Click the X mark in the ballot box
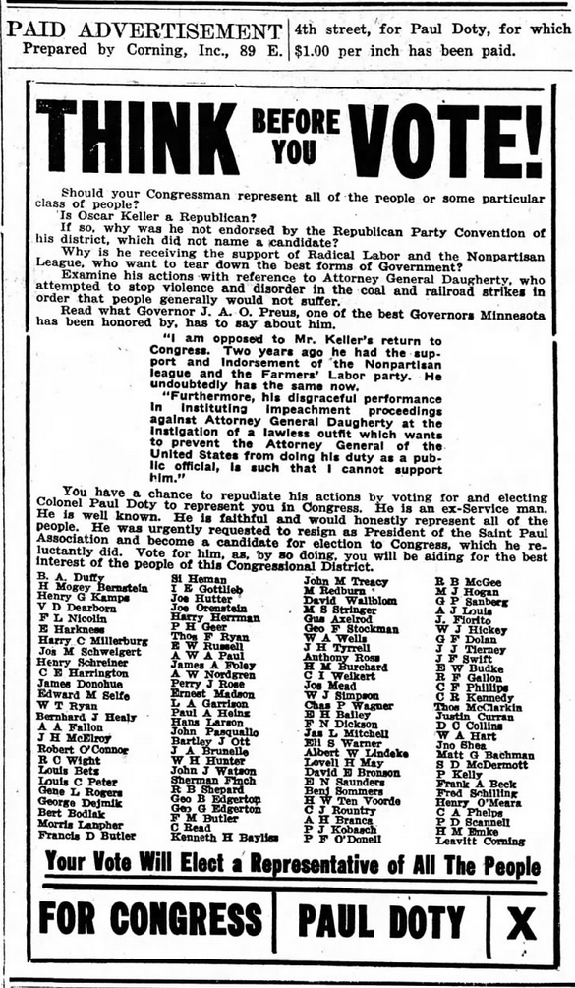pyautogui.click(x=521, y=922)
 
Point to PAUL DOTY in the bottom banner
pyautogui.click(x=380, y=922)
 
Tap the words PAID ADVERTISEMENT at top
pyautogui.click(x=144, y=30)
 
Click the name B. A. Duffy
pyautogui.click(x=69, y=576)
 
